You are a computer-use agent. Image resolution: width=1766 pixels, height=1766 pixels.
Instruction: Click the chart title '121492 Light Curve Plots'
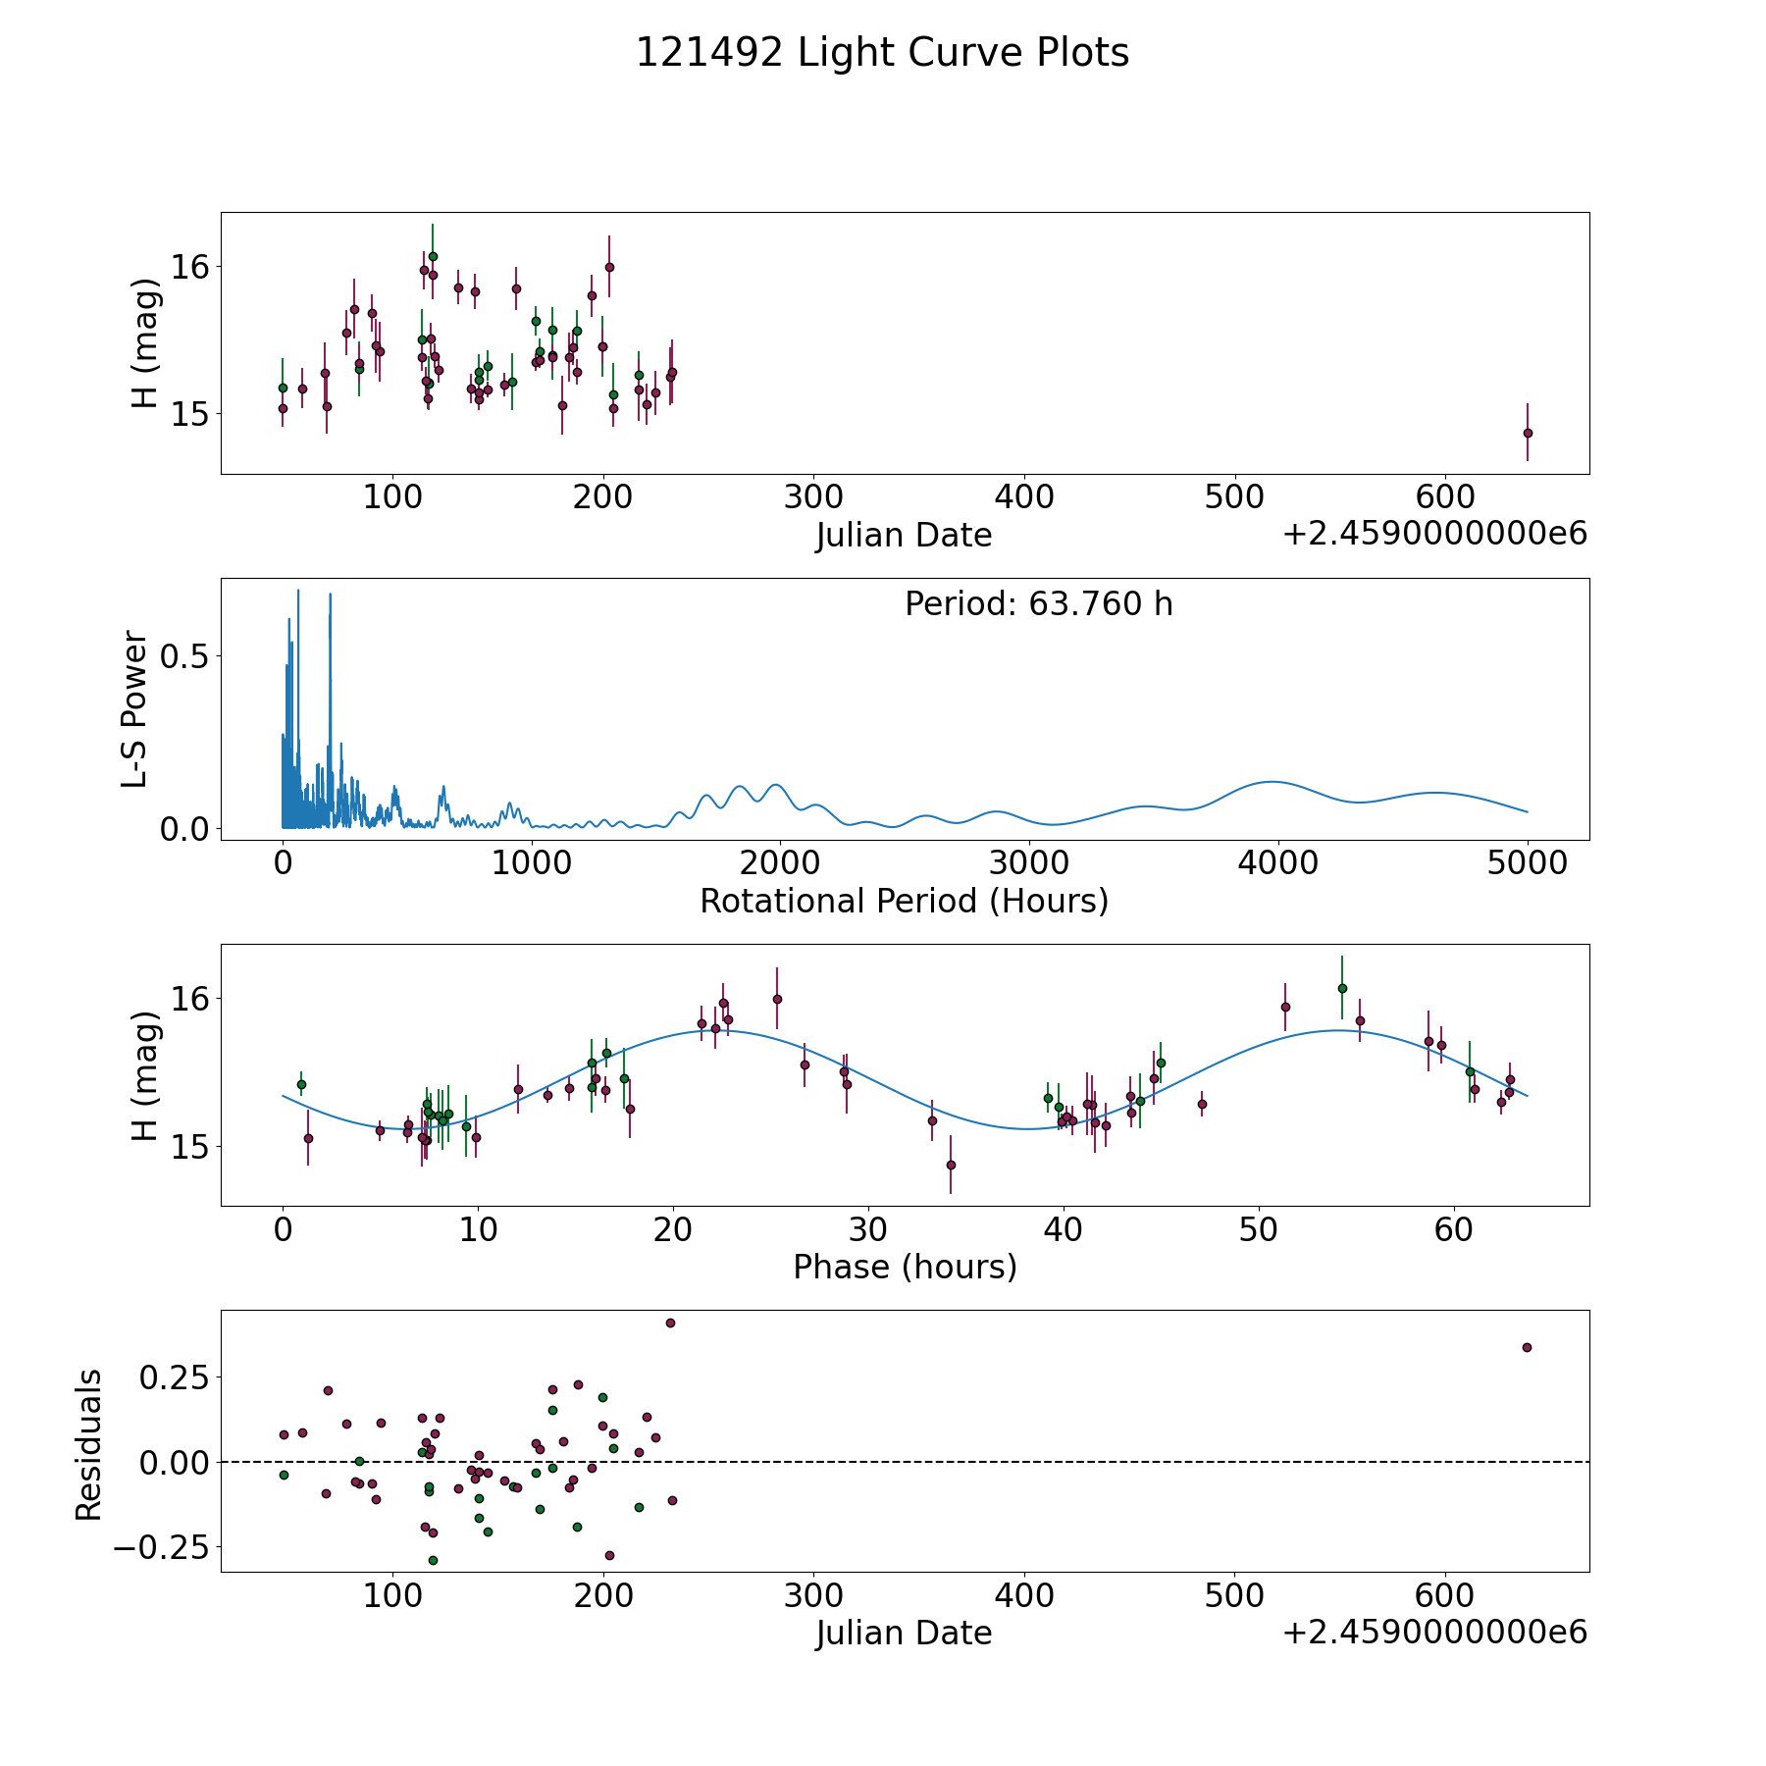(x=882, y=53)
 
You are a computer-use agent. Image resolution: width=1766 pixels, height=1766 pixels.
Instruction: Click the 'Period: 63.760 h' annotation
(x=1038, y=604)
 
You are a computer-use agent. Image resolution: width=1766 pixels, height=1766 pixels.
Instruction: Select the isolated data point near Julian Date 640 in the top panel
(x=1528, y=433)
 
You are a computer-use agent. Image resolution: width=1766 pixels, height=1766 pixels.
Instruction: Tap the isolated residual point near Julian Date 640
(x=1527, y=1347)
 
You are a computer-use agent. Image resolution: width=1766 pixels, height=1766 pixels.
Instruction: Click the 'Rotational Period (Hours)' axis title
(x=904, y=901)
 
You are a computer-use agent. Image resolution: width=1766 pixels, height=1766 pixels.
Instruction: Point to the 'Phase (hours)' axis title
(x=905, y=1267)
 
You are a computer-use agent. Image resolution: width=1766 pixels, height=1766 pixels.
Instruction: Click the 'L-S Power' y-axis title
(x=135, y=708)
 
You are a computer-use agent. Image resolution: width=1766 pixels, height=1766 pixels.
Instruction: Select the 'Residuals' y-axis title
(x=88, y=1444)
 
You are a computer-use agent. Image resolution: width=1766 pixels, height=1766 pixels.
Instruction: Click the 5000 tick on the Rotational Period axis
(x=1527, y=864)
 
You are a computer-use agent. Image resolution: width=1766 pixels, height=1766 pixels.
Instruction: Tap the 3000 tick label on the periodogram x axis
(x=1029, y=864)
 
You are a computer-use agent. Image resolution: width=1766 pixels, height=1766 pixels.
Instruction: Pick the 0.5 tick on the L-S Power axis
(x=184, y=655)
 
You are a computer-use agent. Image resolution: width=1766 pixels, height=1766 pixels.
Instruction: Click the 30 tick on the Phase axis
(x=868, y=1230)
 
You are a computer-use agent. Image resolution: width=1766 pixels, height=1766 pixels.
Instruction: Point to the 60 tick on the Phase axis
(x=1454, y=1230)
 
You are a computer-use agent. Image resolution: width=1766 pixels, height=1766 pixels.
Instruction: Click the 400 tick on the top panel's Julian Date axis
(x=1024, y=498)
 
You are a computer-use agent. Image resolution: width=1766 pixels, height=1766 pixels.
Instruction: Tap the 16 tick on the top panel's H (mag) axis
(x=188, y=266)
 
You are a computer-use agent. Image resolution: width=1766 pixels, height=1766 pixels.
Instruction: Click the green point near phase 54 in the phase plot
(x=1342, y=988)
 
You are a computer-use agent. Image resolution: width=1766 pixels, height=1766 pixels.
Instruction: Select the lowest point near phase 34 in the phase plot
(x=951, y=1165)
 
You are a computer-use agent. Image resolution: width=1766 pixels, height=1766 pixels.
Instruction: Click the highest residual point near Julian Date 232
(x=670, y=1323)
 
